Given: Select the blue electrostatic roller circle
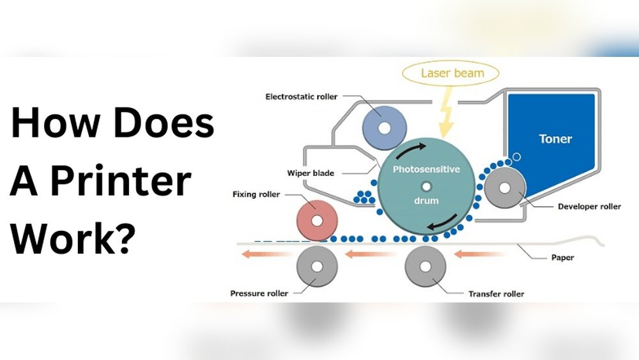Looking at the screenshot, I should (x=384, y=127).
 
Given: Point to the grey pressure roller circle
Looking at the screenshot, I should (x=318, y=267).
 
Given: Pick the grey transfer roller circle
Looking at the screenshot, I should (x=426, y=267).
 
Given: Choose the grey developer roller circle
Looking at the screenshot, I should (x=505, y=188).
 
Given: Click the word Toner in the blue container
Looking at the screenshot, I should (x=555, y=138).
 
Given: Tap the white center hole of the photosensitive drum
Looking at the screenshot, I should (x=426, y=186).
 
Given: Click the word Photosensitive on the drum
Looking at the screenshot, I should (x=426, y=169).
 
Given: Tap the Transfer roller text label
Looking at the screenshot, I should (x=496, y=294).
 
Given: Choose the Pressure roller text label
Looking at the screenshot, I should (x=259, y=294).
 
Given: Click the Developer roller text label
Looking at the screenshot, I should (x=589, y=207).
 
